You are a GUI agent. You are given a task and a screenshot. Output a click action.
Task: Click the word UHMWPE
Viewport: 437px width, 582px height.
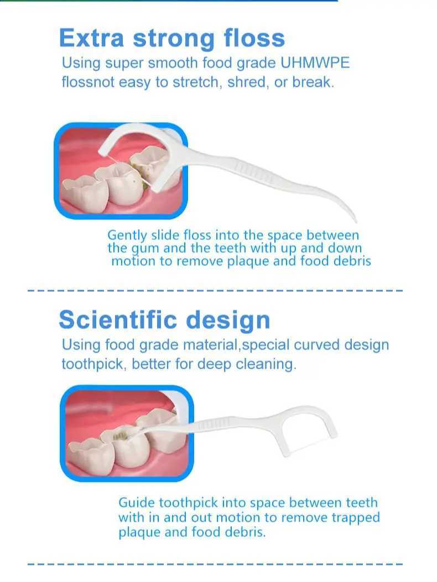click(x=315, y=62)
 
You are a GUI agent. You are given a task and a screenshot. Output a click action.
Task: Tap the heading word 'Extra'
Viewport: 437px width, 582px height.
click(x=91, y=38)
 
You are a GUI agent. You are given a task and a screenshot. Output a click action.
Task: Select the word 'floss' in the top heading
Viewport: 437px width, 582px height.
click(x=254, y=38)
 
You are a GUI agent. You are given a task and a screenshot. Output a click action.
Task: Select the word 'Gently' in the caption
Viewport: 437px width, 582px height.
click(x=127, y=235)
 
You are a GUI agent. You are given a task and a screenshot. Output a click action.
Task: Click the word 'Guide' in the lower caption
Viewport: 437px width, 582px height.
click(x=137, y=502)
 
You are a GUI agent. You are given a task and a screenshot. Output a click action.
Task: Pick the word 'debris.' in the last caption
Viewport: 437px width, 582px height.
click(x=246, y=532)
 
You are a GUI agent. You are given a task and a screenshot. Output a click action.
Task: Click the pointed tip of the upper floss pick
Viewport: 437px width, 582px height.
click(x=356, y=222)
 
